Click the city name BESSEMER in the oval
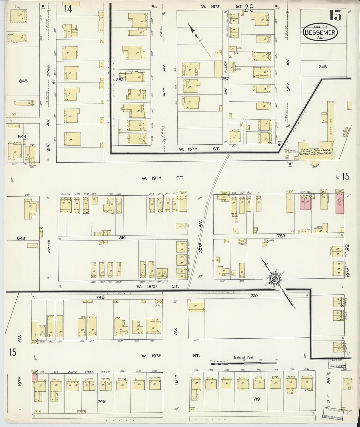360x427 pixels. click(x=320, y=32)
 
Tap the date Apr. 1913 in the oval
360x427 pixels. click(x=320, y=27)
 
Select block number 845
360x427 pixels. click(x=23, y=81)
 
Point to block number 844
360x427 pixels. click(x=22, y=136)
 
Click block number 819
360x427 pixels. click(x=122, y=238)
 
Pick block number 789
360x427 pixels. click(x=281, y=236)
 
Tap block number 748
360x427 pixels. click(x=100, y=297)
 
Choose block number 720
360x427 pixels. click(x=254, y=295)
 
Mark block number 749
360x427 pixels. click(x=102, y=401)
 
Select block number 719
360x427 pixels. click(x=256, y=399)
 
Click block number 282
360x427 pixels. click(x=119, y=80)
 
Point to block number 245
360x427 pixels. click(x=322, y=67)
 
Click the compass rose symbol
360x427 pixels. click(x=274, y=279)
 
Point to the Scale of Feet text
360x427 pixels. click(x=243, y=358)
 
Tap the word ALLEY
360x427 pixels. click(x=225, y=67)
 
